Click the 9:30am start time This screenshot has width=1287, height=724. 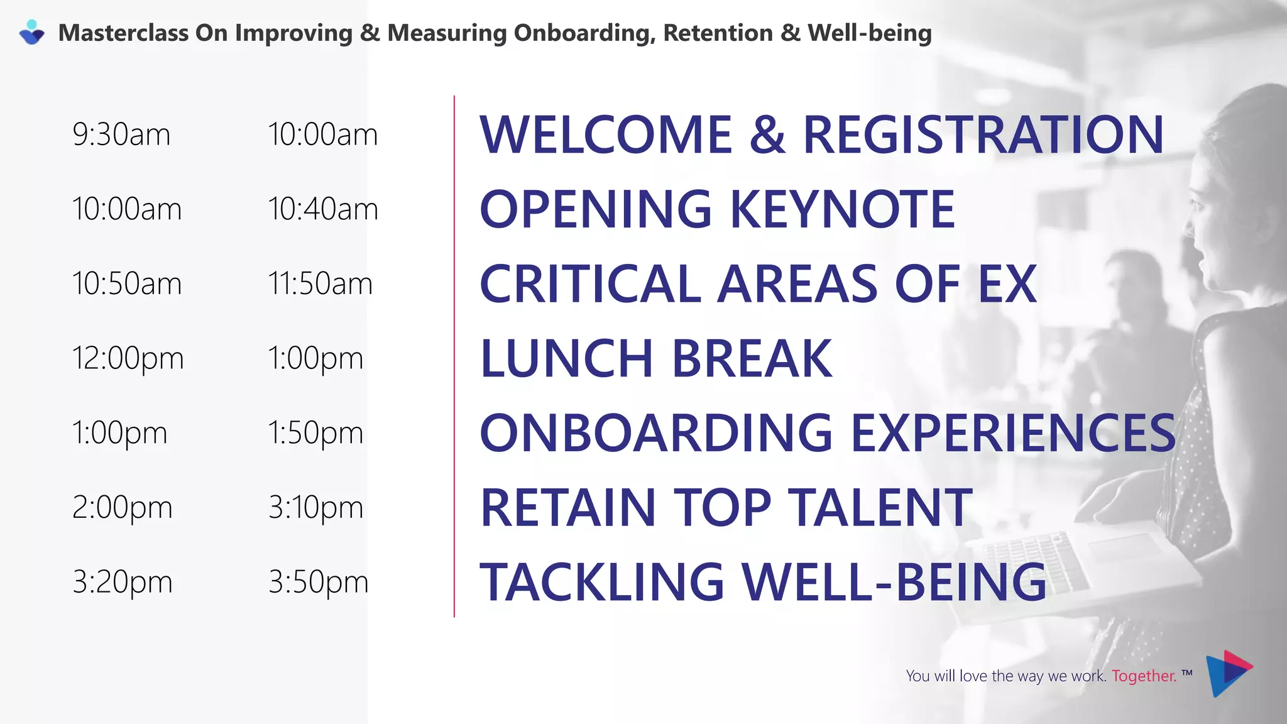point(121,134)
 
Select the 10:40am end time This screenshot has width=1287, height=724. point(323,209)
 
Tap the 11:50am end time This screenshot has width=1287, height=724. point(320,283)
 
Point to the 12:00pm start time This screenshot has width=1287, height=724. point(128,359)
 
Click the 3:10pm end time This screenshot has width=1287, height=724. point(315,508)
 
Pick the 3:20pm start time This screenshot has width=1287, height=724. point(123,582)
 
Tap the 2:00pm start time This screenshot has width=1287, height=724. point(123,508)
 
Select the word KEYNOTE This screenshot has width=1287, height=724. point(843,209)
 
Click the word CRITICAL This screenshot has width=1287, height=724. point(590,284)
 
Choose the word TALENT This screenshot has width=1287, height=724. point(880,508)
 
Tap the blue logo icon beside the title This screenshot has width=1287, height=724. point(32,32)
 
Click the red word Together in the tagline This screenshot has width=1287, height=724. point(1143,676)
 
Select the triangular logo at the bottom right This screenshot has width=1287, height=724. point(1227,673)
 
